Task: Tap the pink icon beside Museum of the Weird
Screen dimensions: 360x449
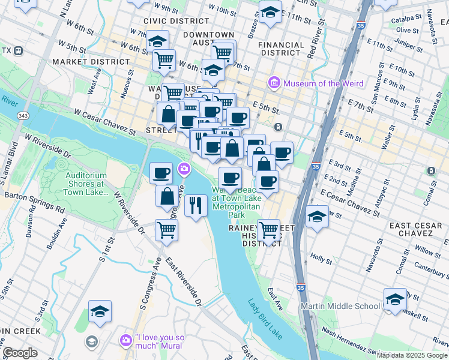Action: pyautogui.click(x=274, y=82)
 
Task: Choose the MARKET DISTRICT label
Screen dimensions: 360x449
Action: pyautogui.click(x=83, y=62)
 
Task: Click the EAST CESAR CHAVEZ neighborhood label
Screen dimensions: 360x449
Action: pyautogui.click(x=416, y=230)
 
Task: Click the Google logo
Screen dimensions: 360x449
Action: pyautogui.click(x=20, y=353)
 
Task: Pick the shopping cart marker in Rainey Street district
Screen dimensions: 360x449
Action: pyautogui.click(x=268, y=230)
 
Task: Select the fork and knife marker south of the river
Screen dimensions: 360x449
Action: pyautogui.click(x=196, y=206)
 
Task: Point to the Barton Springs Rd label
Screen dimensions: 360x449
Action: pyautogui.click(x=34, y=202)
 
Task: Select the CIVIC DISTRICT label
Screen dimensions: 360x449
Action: pyautogui.click(x=168, y=20)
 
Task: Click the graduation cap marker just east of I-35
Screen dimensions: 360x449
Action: pyautogui.click(x=317, y=216)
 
